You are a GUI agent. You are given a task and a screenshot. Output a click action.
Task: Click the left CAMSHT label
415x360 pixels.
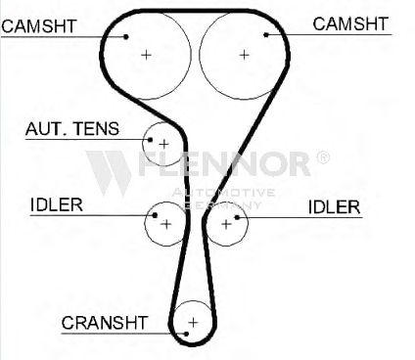(x=39, y=26)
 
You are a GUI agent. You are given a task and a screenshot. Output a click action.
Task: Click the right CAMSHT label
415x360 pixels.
(x=350, y=23)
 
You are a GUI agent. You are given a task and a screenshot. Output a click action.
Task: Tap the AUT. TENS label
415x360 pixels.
(x=72, y=128)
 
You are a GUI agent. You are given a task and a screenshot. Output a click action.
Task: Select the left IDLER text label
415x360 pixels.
(x=57, y=204)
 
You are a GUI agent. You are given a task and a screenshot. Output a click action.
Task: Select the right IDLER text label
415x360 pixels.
(x=334, y=207)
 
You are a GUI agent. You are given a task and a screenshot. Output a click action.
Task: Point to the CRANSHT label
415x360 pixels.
(x=105, y=323)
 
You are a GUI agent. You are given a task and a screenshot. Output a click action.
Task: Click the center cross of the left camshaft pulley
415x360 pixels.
(x=146, y=55)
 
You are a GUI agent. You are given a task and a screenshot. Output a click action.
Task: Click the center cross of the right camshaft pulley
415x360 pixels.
(x=244, y=55)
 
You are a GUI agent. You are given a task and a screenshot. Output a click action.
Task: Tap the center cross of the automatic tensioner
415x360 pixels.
(x=163, y=144)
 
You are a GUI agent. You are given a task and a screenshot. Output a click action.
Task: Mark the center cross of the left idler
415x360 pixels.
(x=166, y=224)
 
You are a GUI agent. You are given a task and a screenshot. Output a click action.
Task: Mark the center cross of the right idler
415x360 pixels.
(x=226, y=224)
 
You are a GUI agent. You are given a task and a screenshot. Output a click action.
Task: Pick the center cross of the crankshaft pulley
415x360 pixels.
(x=193, y=323)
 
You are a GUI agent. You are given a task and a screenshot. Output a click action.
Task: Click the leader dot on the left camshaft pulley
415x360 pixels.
(x=126, y=36)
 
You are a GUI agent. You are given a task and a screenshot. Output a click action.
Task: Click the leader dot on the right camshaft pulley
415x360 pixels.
(x=266, y=34)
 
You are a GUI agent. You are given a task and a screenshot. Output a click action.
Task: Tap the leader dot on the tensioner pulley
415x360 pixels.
(x=150, y=140)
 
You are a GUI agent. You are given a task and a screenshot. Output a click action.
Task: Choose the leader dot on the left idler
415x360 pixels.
(x=156, y=215)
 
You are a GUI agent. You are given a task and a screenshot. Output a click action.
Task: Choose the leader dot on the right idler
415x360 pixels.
(x=237, y=217)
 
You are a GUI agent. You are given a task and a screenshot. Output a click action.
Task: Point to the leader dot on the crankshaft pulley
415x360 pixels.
(x=186, y=334)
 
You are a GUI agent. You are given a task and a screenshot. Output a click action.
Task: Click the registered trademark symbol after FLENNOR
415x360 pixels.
(x=323, y=157)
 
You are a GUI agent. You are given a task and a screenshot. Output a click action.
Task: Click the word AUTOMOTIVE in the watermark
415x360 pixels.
(x=223, y=193)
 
